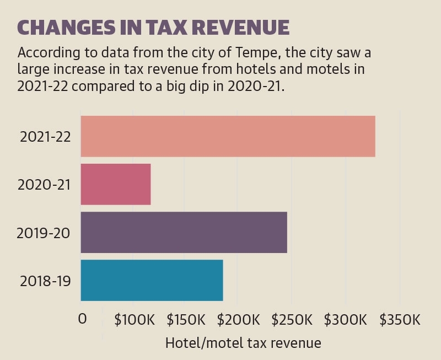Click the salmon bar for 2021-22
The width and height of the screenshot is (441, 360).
coord(228,136)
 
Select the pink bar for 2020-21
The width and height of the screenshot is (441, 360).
coord(116,184)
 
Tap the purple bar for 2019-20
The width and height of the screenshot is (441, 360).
coord(184,232)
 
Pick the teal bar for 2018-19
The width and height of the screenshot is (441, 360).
coord(152,280)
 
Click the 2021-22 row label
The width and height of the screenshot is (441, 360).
coord(45,137)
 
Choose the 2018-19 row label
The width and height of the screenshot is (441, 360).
coord(45,281)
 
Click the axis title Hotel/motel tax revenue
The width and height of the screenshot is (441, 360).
coord(243,343)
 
